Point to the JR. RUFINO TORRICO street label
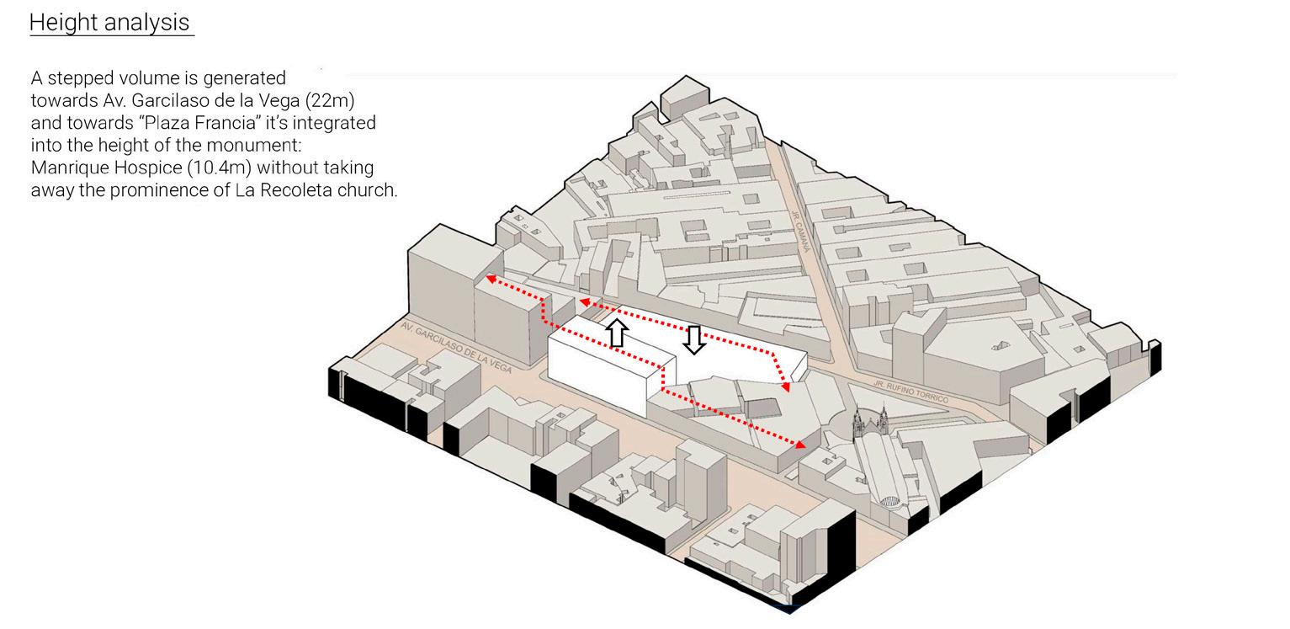(x=910, y=391)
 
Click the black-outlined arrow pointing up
(x=616, y=333)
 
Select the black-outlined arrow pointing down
(x=694, y=340)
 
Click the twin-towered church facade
(x=871, y=423)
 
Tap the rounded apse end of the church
(x=890, y=501)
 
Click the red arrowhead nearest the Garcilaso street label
(x=490, y=277)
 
